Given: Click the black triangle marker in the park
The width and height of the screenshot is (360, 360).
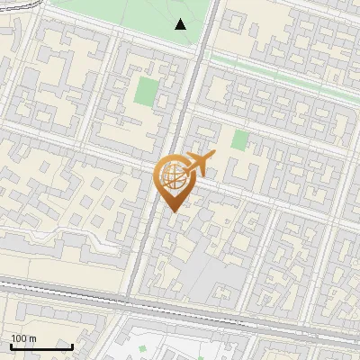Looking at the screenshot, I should pos(181,24).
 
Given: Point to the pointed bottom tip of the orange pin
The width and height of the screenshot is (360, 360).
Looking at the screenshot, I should pos(172,211).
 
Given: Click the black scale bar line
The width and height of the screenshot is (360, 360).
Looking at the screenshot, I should pos(41,346).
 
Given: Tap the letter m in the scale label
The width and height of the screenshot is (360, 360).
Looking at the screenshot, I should pos(32,338).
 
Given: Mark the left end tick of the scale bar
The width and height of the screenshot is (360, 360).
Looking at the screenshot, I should pos(11,345).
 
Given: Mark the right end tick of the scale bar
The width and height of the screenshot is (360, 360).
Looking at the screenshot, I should pos(72,345).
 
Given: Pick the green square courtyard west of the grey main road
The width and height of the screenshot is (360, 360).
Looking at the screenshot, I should pos(146,90).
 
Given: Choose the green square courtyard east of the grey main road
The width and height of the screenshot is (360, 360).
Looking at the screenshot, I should pos(239,139).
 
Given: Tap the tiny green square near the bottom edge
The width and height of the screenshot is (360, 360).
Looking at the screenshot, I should pos(142,348).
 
